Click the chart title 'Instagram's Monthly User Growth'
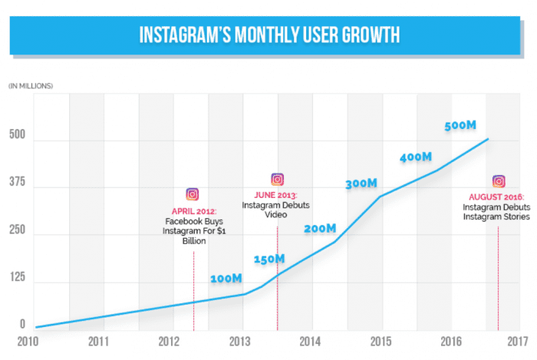pyautogui.click(x=268, y=36)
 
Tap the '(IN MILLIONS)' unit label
pyautogui.click(x=31, y=84)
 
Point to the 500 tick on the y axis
pyautogui.click(x=17, y=140)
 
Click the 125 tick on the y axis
pyautogui.click(x=17, y=282)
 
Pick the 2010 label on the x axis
pyautogui.click(x=28, y=341)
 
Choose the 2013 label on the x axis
pyautogui.click(x=240, y=341)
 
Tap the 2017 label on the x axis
pyautogui.click(x=519, y=341)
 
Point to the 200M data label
pyautogui.click(x=319, y=228)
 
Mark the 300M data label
pyautogui.click(x=361, y=183)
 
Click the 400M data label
pyautogui.click(x=417, y=157)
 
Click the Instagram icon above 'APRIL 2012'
pyautogui.click(x=193, y=195)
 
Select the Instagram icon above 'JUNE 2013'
pyautogui.click(x=278, y=180)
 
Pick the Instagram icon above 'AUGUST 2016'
pyautogui.click(x=499, y=181)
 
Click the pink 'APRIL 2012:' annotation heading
pyautogui.click(x=193, y=212)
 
